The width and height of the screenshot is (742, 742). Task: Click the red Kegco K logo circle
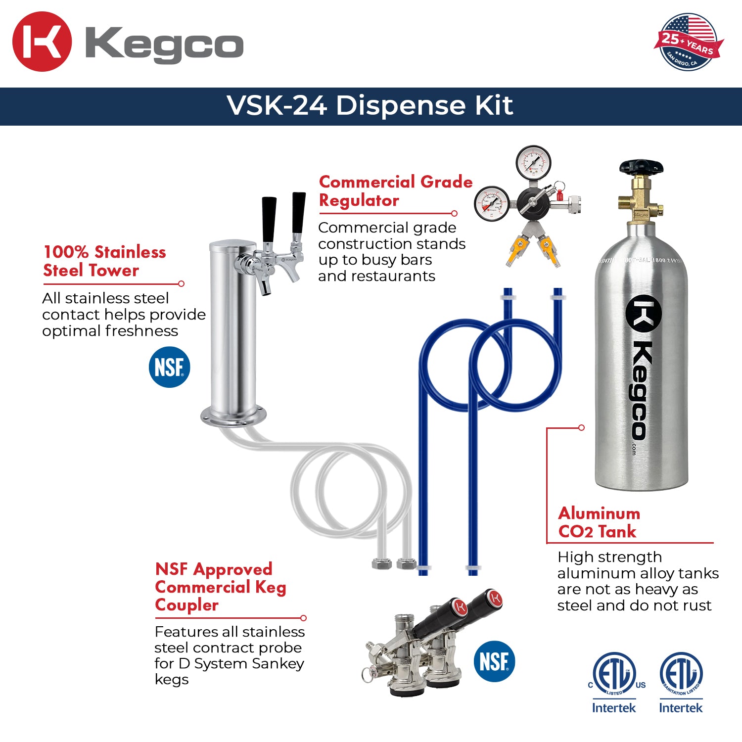(42, 42)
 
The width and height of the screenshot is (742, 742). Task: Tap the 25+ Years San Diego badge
(688, 42)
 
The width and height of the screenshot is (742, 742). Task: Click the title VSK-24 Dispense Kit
(370, 105)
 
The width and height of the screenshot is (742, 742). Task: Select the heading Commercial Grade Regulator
(395, 191)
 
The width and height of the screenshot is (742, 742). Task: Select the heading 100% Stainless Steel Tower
(104, 261)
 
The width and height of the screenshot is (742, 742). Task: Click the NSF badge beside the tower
(169, 367)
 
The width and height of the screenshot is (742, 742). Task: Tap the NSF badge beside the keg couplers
(494, 661)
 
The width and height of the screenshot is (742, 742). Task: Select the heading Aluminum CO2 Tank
(599, 522)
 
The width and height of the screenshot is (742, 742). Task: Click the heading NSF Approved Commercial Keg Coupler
(221, 587)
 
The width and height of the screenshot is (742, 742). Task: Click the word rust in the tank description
(695, 605)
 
